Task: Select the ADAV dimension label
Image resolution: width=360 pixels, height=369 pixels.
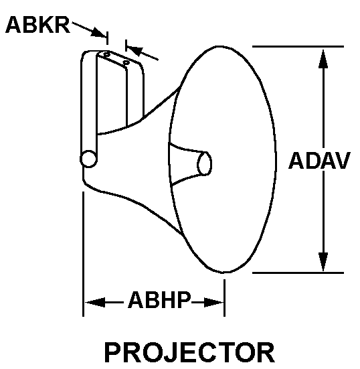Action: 319,161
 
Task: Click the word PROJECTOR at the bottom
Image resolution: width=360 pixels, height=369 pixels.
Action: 189,352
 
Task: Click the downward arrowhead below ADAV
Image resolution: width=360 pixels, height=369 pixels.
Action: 324,262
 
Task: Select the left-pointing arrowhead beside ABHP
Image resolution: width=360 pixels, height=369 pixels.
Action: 93,302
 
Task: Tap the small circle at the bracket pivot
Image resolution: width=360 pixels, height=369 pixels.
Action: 88,159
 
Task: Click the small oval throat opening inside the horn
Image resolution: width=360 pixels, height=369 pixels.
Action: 205,163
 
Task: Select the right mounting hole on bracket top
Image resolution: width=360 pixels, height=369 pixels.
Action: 126,62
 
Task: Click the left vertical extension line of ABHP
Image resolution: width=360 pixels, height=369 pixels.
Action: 83,254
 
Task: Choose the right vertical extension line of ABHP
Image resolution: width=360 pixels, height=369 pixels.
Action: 224,295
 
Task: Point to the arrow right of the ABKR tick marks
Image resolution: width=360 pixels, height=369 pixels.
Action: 142,53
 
